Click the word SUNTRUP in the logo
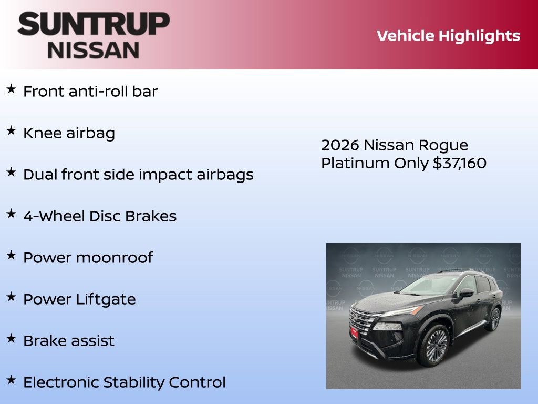[x=94, y=25]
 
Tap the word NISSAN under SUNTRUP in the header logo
[x=94, y=49]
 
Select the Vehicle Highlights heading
[x=448, y=36]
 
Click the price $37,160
[x=460, y=163]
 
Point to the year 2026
[x=339, y=145]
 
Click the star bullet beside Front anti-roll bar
[x=11, y=89]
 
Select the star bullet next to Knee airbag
[x=11, y=131]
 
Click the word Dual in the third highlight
[x=40, y=175]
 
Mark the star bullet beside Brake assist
[x=11, y=339]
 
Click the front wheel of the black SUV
[x=434, y=346]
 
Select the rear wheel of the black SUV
[x=494, y=319]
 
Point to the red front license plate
[x=354, y=332]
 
